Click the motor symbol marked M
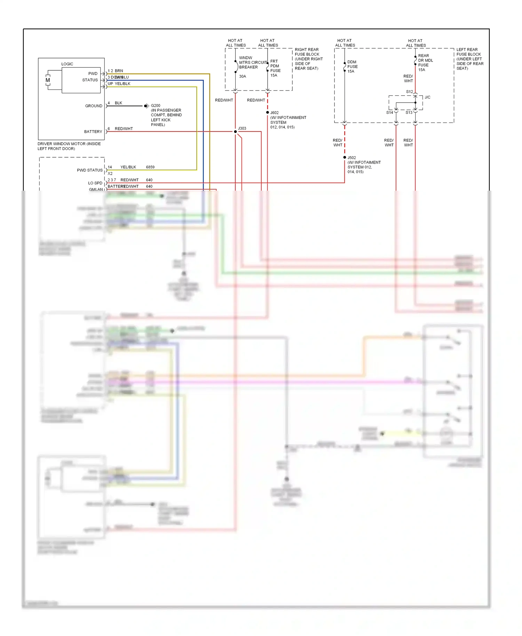[48, 80]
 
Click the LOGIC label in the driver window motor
[67, 64]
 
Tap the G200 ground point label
[156, 105]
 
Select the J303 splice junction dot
[235, 132]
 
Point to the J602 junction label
[275, 113]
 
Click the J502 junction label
[352, 158]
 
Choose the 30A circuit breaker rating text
[243, 76]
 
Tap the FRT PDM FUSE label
[275, 66]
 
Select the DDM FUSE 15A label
[352, 66]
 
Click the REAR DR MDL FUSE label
[425, 60]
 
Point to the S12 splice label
[409, 92]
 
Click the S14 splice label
[389, 112]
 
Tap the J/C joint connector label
[427, 97]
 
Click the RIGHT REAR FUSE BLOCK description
[308, 59]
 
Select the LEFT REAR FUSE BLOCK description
[469, 59]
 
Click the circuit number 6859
[150, 167]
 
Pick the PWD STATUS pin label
[90, 170]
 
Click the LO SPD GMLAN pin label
[95, 186]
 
